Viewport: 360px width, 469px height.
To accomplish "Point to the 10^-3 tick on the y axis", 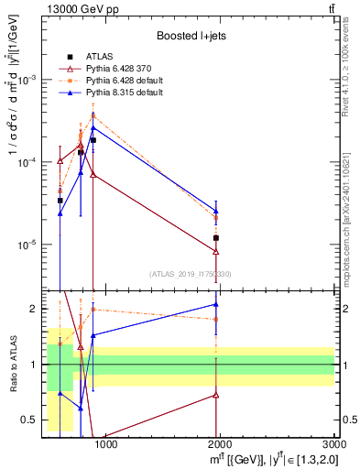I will point(29,80).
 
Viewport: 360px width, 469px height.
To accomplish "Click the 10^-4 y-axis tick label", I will point(29,162).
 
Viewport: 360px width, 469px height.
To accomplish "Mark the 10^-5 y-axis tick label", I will point(29,245).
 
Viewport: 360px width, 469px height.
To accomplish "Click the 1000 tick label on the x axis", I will point(106,445).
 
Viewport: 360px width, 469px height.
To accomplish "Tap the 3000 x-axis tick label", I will point(331,445).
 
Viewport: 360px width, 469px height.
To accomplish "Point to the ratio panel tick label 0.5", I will point(30,420).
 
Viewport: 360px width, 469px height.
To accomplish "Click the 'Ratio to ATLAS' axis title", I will point(12,365).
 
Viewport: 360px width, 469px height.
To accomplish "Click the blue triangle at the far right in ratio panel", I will point(216,304).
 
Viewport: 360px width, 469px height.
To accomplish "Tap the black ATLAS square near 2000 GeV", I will point(216,238).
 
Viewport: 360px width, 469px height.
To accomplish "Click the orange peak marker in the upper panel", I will point(93,115).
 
